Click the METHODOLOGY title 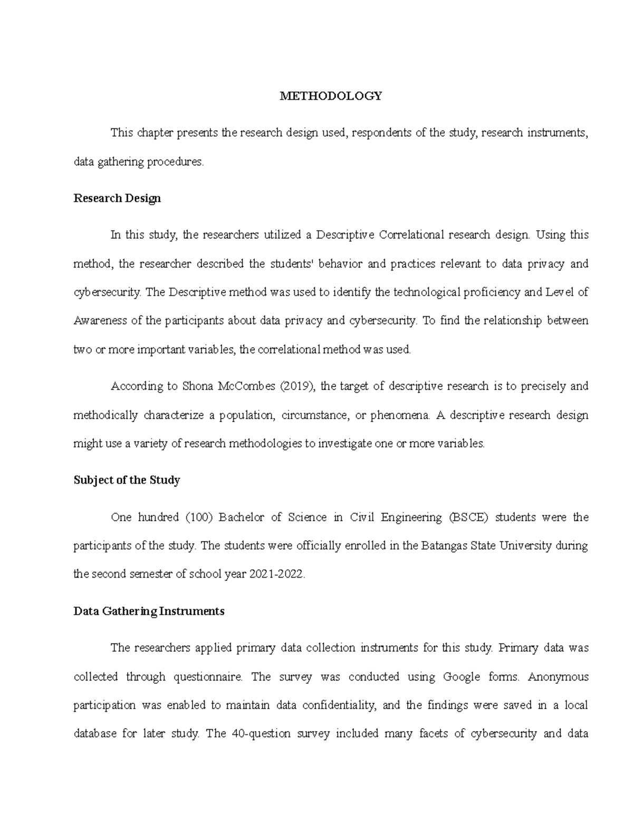pyautogui.click(x=331, y=96)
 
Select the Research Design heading pyautogui.click(x=117, y=199)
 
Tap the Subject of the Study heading pyautogui.click(x=127, y=480)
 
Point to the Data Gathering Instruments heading pyautogui.click(x=149, y=611)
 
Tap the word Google pyautogui.click(x=462, y=677)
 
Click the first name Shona pyautogui.click(x=196, y=387)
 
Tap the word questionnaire pyautogui.click(x=208, y=677)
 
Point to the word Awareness pyautogui.click(x=100, y=321)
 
